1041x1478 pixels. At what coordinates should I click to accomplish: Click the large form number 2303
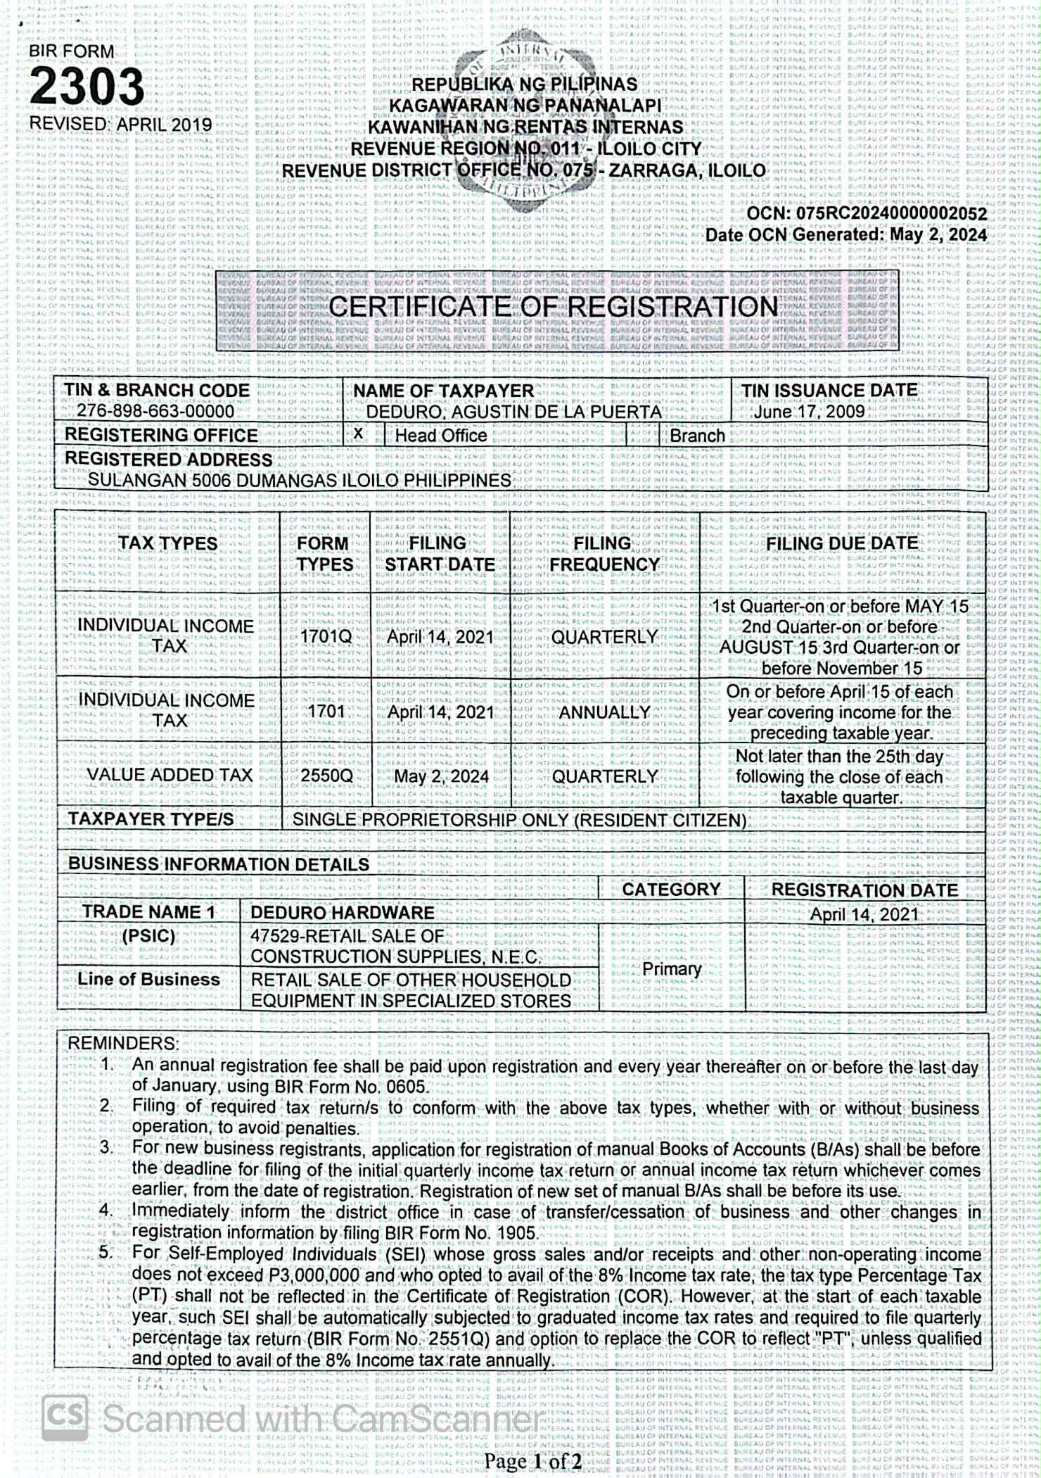click(x=87, y=87)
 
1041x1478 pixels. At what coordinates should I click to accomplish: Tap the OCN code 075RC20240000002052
click(x=891, y=214)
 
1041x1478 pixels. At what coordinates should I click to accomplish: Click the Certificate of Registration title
click(x=554, y=307)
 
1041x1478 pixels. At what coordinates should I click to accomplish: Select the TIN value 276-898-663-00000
click(x=155, y=412)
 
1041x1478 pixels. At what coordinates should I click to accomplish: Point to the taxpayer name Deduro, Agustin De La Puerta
click(x=513, y=412)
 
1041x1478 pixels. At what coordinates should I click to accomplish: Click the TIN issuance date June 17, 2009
click(x=809, y=412)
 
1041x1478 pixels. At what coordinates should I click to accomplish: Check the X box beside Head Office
click(x=359, y=434)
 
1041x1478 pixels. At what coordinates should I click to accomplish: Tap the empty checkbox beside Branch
click(x=642, y=436)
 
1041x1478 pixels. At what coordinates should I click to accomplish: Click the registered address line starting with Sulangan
click(x=299, y=481)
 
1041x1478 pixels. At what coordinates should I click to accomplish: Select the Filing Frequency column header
click(x=604, y=554)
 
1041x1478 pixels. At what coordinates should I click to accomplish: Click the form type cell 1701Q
click(x=326, y=637)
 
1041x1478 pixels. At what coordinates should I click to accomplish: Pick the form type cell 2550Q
click(x=326, y=776)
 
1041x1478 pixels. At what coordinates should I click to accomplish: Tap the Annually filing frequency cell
click(x=604, y=712)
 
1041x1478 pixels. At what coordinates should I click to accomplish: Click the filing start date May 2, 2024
click(x=441, y=776)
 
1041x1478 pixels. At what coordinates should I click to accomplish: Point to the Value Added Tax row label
click(x=169, y=775)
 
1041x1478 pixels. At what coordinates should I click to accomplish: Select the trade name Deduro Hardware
click(x=343, y=913)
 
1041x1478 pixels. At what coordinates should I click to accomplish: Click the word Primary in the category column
click(x=672, y=969)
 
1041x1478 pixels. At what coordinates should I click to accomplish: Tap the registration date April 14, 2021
click(x=864, y=914)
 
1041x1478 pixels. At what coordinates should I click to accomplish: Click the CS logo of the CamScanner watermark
click(x=65, y=1417)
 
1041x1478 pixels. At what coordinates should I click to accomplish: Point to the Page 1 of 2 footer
click(x=532, y=1462)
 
